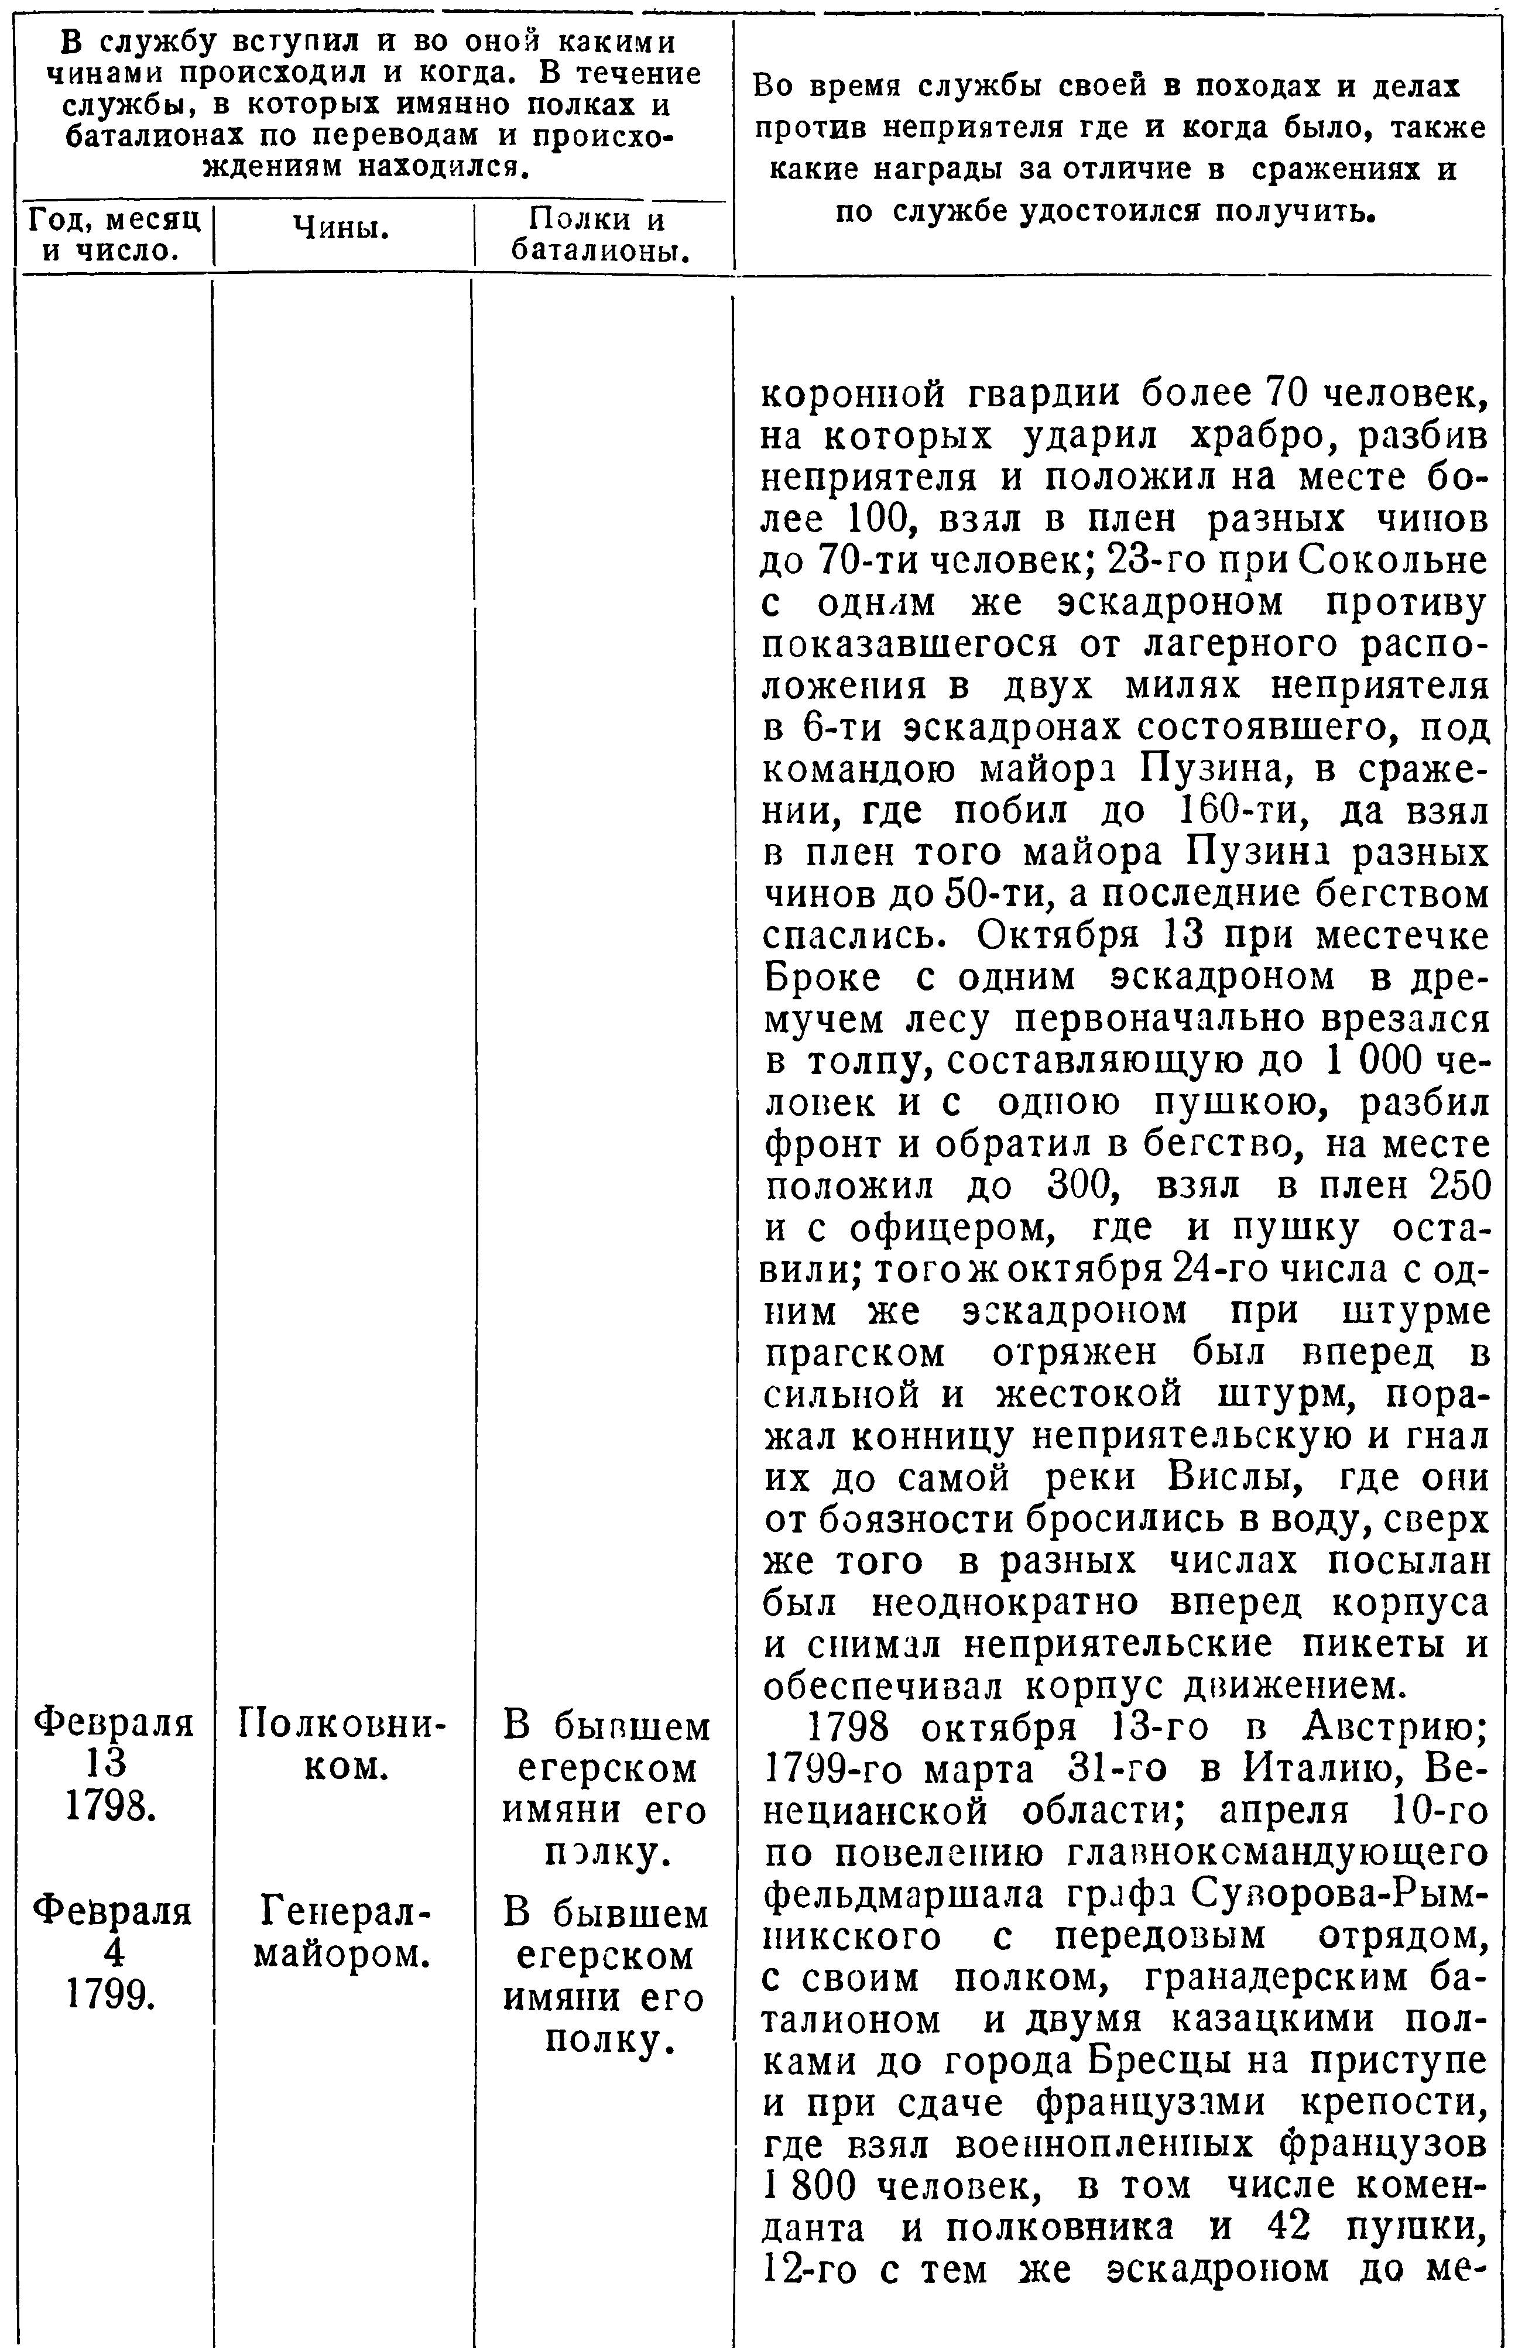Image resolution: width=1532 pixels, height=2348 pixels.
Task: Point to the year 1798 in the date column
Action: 114,1807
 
